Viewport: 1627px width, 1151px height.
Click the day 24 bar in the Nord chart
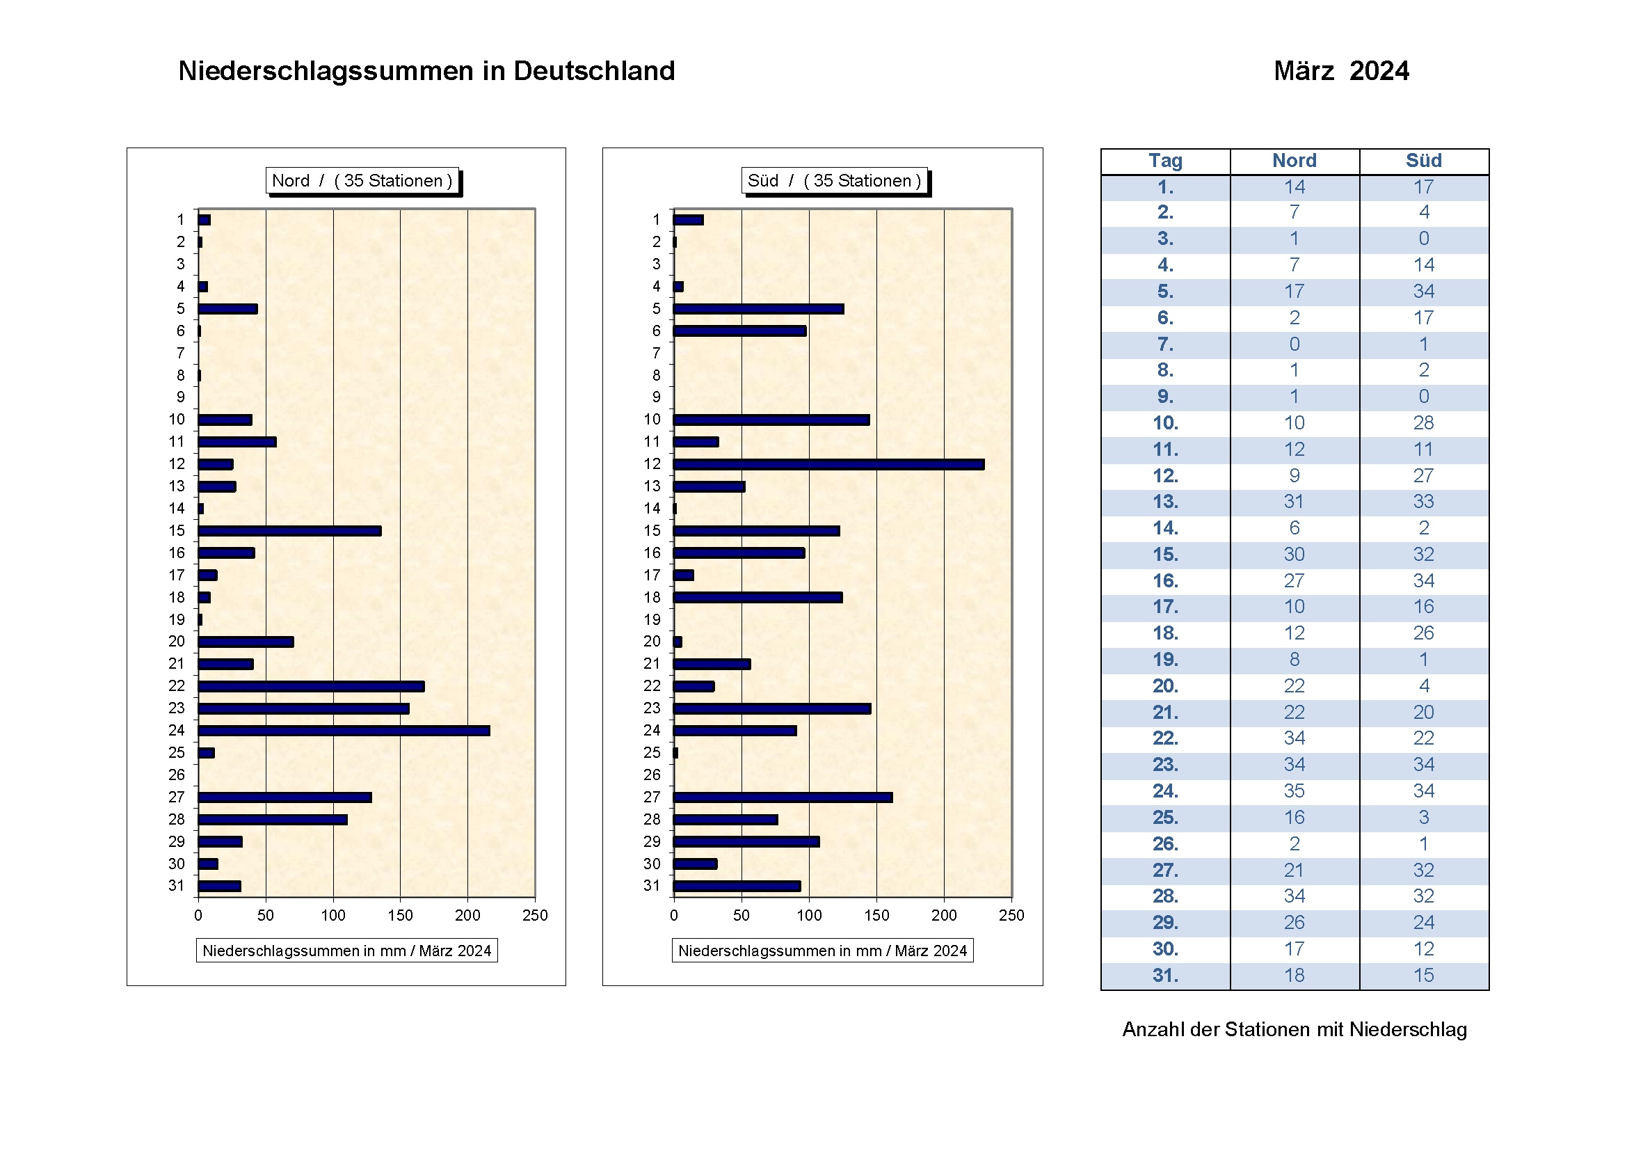344,731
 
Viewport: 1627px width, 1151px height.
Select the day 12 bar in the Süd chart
828,464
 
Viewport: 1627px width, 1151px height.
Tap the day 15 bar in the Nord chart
289,531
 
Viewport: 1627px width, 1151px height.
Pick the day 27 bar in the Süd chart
783,797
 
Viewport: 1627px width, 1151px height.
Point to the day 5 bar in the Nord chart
227,309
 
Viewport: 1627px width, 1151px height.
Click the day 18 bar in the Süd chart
758,598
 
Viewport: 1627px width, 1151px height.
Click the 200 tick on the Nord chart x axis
467,916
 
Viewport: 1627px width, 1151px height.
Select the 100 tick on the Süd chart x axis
809,916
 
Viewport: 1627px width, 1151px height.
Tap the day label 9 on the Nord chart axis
181,397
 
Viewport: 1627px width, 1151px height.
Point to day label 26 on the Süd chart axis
652,775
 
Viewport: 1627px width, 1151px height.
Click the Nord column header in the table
1294,161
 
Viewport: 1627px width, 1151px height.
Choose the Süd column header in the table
1424,161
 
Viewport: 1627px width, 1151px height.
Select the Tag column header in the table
1165,161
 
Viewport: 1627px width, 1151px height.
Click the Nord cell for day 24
1294,791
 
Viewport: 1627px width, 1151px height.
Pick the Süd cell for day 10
1424,423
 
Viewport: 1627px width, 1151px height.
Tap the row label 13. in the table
1165,502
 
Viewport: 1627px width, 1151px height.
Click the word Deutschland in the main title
594,71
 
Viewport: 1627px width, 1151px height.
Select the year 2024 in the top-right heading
1379,71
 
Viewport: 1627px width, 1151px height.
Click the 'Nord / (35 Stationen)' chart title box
362,181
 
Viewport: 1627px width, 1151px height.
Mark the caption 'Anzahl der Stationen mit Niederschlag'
1294,1030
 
